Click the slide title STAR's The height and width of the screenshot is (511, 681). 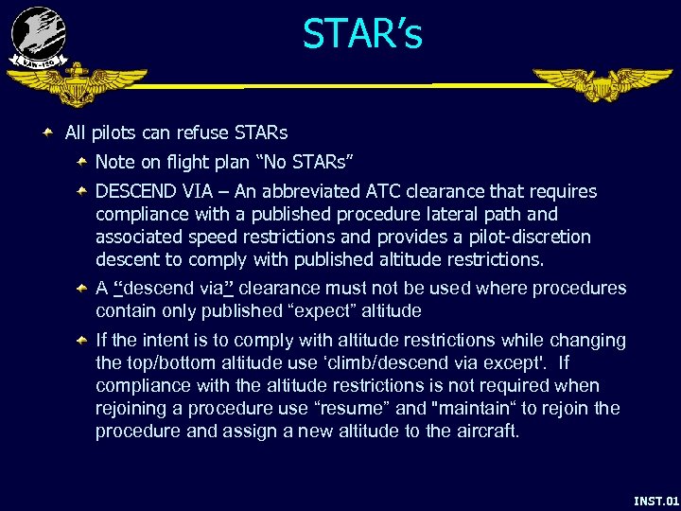tap(362, 35)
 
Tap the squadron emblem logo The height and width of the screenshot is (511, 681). tap(38, 37)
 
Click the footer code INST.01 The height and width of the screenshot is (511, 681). tap(655, 500)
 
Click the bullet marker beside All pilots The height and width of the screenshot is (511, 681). tap(48, 132)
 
